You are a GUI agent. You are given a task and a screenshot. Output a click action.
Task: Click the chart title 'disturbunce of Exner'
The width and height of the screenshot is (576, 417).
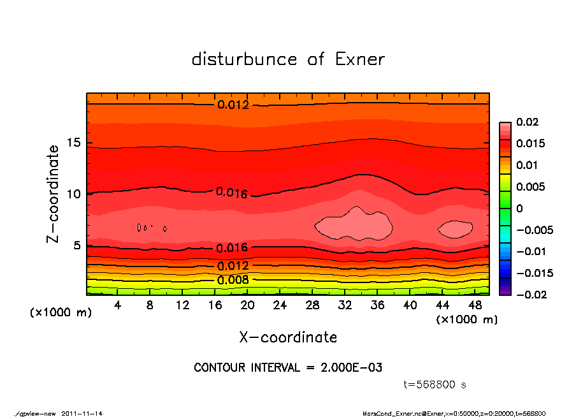click(x=288, y=59)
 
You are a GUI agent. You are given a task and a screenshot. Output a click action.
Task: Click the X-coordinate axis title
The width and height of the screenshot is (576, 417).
click(x=288, y=337)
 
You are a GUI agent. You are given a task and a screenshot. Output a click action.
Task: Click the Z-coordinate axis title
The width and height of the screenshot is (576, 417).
click(x=54, y=193)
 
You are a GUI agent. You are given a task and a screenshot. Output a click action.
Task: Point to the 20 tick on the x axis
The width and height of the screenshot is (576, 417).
click(x=248, y=305)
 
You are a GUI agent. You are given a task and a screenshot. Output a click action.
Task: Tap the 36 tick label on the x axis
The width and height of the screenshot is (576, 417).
click(x=377, y=305)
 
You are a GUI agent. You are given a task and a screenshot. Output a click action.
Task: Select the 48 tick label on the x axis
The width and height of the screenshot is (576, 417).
click(x=474, y=305)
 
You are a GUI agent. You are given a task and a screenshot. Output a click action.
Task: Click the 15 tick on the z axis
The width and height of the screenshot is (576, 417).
click(x=74, y=143)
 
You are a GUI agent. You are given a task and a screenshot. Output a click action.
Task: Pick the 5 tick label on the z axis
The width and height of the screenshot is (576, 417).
click(x=77, y=246)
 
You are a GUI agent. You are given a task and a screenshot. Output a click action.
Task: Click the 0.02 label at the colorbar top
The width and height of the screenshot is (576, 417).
click(x=527, y=122)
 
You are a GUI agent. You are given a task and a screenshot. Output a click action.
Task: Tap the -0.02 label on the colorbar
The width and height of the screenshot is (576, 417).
click(x=529, y=295)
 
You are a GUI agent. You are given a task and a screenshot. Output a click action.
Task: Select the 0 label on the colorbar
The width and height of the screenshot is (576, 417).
click(x=519, y=208)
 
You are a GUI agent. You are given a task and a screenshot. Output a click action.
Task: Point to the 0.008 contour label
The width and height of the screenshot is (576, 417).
click(x=233, y=279)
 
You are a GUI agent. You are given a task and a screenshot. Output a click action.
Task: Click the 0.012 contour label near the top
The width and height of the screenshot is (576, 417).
click(x=233, y=105)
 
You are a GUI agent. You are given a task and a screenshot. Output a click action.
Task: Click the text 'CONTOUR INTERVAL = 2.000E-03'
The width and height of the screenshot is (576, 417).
click(x=288, y=368)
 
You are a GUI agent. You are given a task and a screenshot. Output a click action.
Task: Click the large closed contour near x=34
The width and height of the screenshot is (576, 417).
click(x=354, y=224)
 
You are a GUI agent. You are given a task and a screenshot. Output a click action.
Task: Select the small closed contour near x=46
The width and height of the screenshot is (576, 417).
click(x=456, y=229)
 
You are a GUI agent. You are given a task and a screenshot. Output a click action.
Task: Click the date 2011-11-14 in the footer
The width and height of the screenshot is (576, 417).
click(x=82, y=413)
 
